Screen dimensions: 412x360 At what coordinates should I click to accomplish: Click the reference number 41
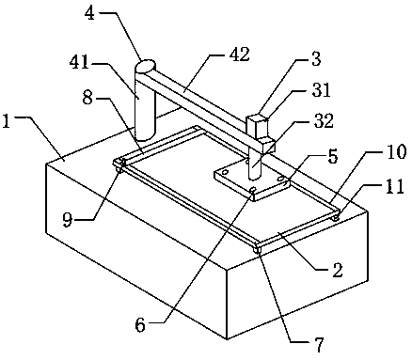80,65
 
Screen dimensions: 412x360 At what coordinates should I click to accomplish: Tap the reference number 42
239,55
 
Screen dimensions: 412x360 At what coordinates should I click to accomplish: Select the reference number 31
319,91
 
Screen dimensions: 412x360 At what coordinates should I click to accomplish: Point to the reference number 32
324,120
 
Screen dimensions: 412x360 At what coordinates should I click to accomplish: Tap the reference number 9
67,221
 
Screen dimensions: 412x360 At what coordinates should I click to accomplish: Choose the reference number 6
140,324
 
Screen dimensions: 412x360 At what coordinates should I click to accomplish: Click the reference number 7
319,345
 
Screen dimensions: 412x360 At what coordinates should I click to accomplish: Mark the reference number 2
338,270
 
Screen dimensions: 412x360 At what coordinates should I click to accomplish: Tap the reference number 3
316,59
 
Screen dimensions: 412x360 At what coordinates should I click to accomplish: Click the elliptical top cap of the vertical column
145,67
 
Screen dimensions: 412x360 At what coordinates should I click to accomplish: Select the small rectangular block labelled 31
257,127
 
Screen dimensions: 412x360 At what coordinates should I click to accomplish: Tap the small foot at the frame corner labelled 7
258,250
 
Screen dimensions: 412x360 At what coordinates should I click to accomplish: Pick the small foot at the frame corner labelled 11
336,217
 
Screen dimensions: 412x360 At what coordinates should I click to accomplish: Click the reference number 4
90,14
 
